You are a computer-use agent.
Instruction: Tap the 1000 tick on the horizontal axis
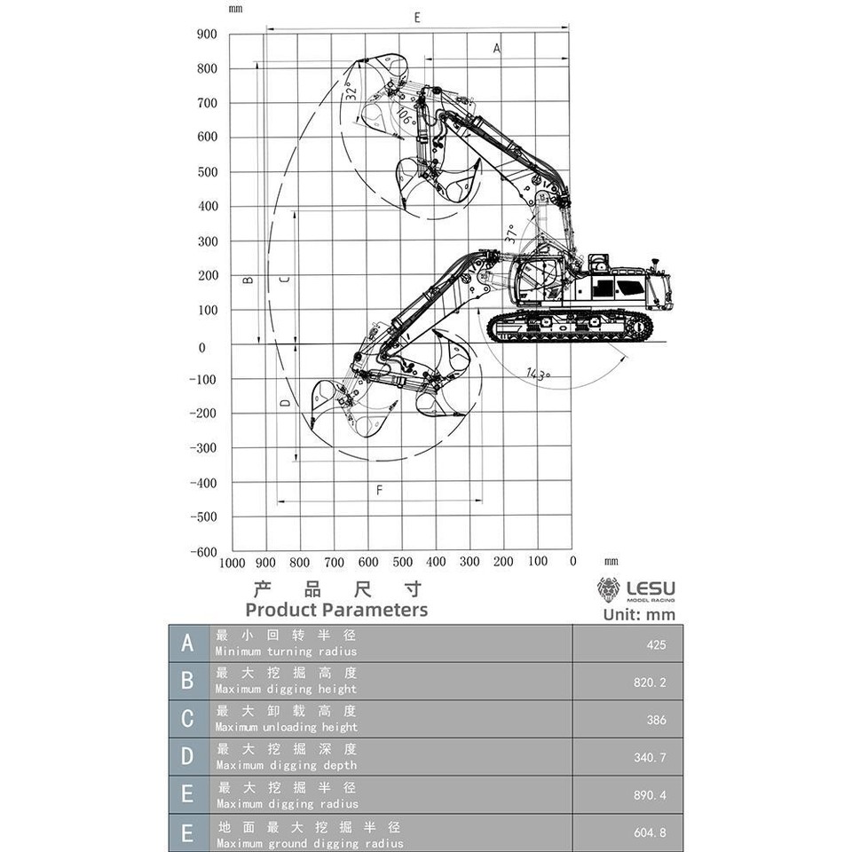coord(232,562)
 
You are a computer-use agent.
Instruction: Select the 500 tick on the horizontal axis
coord(403,562)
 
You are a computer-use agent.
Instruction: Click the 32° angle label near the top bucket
coord(351,91)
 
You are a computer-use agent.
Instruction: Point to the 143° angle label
coord(538,374)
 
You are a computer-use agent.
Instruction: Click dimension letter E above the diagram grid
coord(416,18)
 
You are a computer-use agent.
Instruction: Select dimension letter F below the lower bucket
coord(379,490)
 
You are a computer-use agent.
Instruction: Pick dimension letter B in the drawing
coord(248,280)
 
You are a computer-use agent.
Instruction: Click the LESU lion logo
coord(609,590)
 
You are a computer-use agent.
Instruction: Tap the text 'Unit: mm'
coord(639,614)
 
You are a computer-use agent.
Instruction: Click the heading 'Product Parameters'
coord(336,610)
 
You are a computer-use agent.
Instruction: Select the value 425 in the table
coord(656,645)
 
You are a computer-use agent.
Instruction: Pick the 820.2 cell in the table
coord(651,682)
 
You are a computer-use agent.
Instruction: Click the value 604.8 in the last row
coord(651,835)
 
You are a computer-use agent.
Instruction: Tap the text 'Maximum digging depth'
coord(287,765)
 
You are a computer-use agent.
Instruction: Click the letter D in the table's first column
coord(187,757)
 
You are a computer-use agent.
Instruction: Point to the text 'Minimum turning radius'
coord(287,651)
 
